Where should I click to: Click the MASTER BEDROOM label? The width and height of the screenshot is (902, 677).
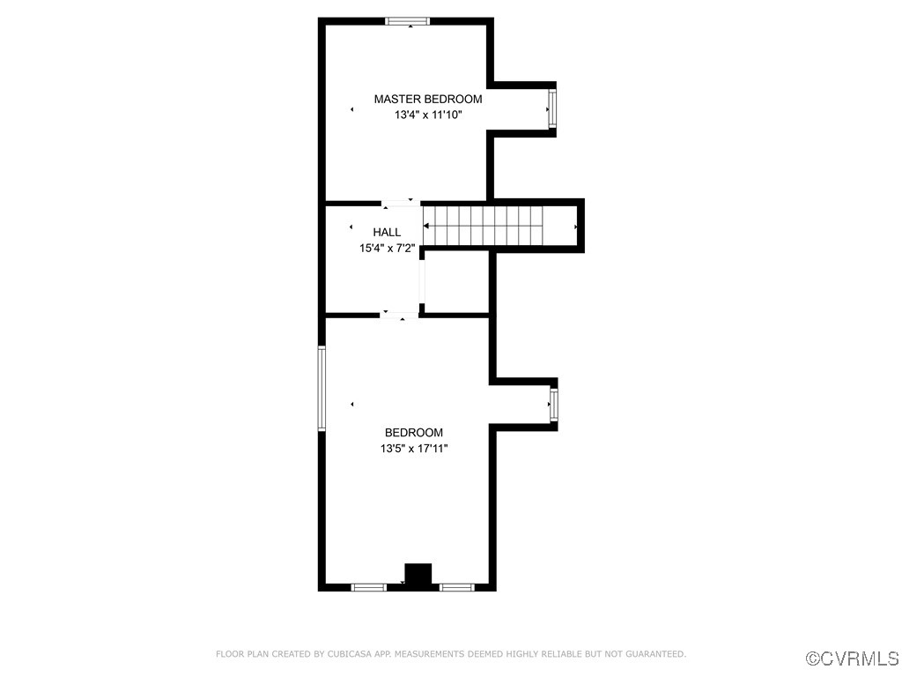coord(427,100)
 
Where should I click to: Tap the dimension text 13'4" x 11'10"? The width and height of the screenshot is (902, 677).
coord(427,115)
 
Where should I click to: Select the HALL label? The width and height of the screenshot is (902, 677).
coord(387,233)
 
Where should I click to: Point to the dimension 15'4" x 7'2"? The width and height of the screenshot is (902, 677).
coord(387,249)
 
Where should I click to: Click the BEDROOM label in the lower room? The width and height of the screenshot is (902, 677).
coord(413,433)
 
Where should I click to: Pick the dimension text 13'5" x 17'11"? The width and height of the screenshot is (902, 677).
coord(413,449)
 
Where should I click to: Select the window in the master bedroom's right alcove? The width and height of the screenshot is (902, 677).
coord(552,109)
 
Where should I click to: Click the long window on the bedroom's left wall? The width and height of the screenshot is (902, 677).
coord(322,388)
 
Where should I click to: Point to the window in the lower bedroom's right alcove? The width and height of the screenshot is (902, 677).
coord(553,405)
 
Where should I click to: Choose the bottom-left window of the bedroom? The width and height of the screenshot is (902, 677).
coord(368,586)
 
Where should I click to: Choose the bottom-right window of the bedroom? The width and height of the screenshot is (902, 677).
coord(457,586)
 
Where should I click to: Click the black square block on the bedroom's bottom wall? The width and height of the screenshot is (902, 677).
coord(418,575)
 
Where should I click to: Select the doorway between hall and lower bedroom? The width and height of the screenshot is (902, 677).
coord(399,315)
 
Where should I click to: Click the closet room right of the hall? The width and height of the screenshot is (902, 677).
coord(456,282)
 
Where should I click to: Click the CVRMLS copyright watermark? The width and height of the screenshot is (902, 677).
coord(853,658)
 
